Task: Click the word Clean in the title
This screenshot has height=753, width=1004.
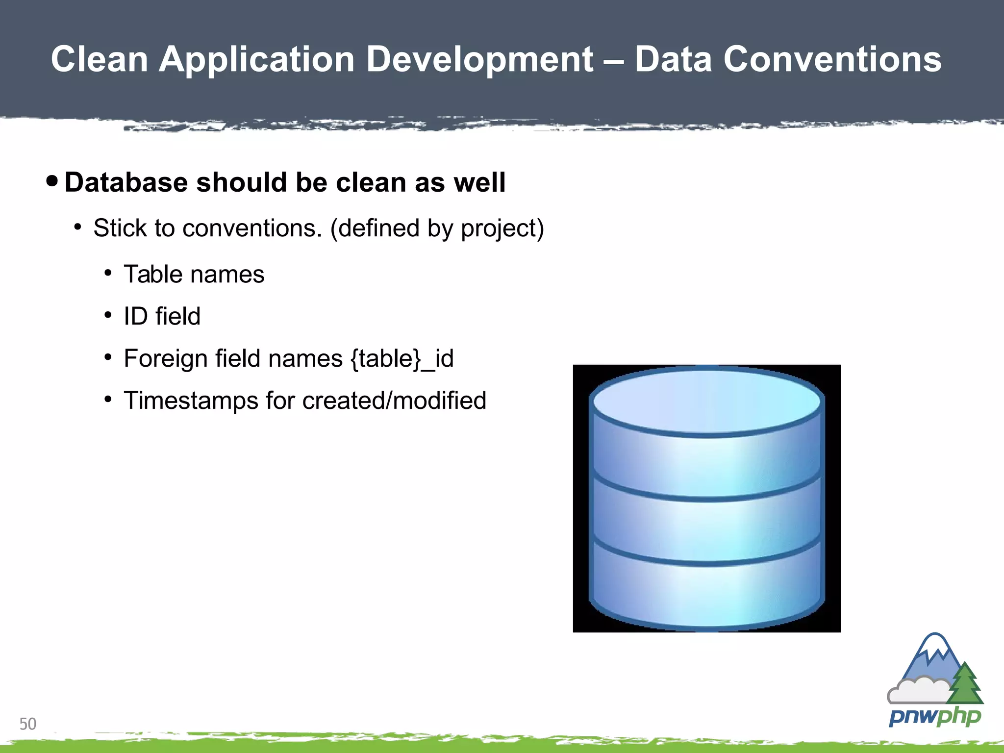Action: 100,59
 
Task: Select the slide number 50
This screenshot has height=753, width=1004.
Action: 28,724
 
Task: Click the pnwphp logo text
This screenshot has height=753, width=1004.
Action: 934,717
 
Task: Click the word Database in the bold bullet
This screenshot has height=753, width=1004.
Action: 126,183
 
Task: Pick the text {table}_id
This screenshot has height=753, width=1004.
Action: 402,359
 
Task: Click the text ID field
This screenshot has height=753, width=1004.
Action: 162,316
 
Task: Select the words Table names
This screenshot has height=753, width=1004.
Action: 194,274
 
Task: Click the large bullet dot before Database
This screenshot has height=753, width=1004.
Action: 51,181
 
